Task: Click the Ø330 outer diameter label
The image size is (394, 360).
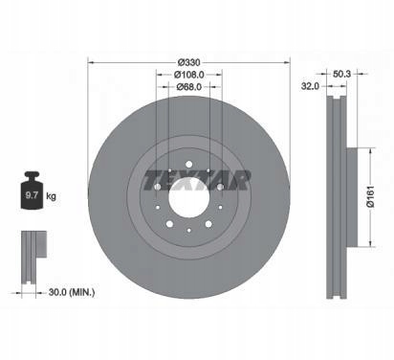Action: coord(189,62)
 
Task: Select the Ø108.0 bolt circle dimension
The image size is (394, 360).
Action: coord(189,75)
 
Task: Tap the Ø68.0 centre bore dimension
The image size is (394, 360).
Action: coord(189,86)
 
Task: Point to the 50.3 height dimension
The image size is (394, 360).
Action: coord(341,74)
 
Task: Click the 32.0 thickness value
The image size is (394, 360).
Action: coord(310,86)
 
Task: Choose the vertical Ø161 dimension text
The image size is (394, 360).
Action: coord(370,196)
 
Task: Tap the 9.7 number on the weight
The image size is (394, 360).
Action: coord(32,195)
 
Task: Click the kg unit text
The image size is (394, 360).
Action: coord(51,196)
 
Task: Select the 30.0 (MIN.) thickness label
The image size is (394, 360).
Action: coord(72,292)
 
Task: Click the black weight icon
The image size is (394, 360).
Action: coord(32,191)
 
